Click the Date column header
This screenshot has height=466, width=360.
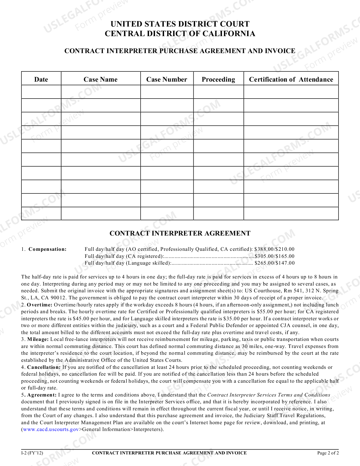coord(41,79)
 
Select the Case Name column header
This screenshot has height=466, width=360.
coord(101,79)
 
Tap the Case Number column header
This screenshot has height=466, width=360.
coord(167,79)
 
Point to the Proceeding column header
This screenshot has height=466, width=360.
coord(218,79)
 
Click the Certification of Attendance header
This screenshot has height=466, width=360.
coord(291,79)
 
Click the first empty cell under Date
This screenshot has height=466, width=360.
coord(41,92)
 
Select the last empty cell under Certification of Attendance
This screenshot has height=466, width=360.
coord(291,214)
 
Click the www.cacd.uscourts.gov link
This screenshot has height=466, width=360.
coord(51,429)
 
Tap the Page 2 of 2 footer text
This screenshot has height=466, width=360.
coord(328,453)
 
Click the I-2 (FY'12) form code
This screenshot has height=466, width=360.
coord(32,453)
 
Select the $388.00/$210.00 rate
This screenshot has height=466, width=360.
coord(274,249)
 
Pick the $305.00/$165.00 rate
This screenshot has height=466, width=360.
coord(274,256)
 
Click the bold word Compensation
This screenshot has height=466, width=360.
coord(47,249)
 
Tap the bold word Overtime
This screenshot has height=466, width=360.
coord(40,305)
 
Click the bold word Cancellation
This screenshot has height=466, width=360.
coord(44,367)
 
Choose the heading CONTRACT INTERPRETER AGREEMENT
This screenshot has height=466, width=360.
coord(180,233)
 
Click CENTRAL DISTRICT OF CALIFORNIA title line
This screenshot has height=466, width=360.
coord(180,34)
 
